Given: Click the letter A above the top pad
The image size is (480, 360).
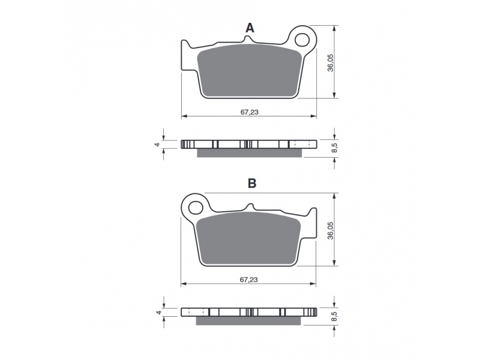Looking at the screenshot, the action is (x=250, y=28).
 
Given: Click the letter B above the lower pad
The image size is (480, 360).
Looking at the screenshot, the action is (x=251, y=184).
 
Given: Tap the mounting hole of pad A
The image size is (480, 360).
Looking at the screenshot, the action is (x=302, y=39).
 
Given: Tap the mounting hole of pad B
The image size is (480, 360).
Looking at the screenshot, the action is (x=196, y=208).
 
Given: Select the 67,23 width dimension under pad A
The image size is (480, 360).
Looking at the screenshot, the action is (x=249, y=112).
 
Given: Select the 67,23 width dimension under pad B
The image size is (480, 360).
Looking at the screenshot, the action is (x=248, y=280).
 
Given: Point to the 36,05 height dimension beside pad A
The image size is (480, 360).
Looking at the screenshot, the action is (x=331, y=63).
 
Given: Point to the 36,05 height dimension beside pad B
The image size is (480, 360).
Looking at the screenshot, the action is (x=331, y=230).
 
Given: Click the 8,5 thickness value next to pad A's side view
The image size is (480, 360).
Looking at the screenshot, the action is (x=335, y=148).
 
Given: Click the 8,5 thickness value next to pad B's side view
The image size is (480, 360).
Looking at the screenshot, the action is (x=335, y=316).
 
